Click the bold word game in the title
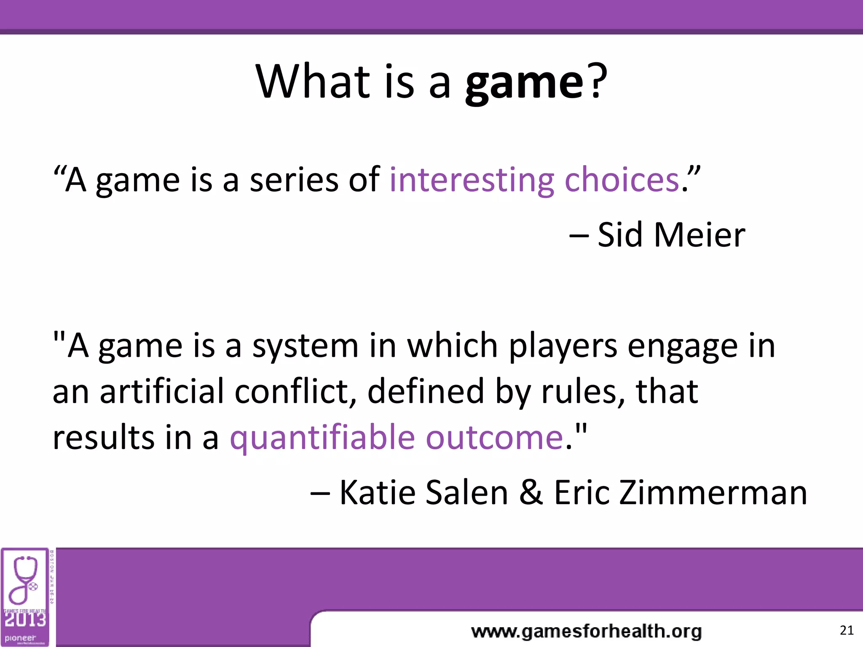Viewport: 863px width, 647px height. [524, 82]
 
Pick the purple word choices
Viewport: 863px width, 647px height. [622, 179]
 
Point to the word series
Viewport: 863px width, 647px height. [294, 180]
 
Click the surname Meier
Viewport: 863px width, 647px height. [699, 235]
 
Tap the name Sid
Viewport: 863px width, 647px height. [620, 235]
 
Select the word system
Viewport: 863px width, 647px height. [305, 346]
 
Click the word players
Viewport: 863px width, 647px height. [563, 346]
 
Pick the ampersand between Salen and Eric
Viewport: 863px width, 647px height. [531, 492]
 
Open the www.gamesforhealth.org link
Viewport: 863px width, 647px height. [586, 631]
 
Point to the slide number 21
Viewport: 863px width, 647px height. [846, 630]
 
